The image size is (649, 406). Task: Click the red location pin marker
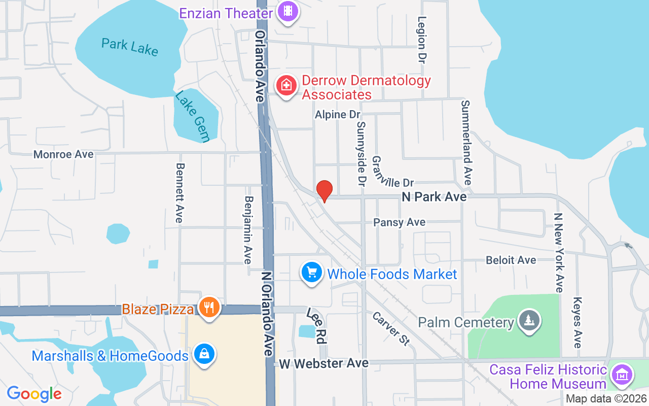tap(324, 191)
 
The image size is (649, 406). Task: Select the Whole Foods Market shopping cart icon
tap(312, 273)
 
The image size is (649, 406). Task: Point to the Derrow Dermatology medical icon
tap(286, 85)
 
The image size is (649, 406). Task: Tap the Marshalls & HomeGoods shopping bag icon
tap(203, 355)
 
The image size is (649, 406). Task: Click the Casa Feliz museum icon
tap(621, 375)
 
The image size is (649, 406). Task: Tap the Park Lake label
tap(130, 47)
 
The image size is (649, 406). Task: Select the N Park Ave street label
tap(434, 197)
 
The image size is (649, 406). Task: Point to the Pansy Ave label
tap(400, 222)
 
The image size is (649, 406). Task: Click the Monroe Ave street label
tap(63, 154)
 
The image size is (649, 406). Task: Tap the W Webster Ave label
tap(323, 363)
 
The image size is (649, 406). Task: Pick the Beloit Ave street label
tap(511, 260)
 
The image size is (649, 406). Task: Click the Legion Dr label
tap(421, 40)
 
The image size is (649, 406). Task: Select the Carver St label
tap(391, 328)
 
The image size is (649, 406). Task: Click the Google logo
tap(34, 394)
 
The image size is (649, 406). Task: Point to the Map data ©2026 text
tap(606, 399)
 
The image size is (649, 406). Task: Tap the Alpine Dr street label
tap(337, 115)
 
